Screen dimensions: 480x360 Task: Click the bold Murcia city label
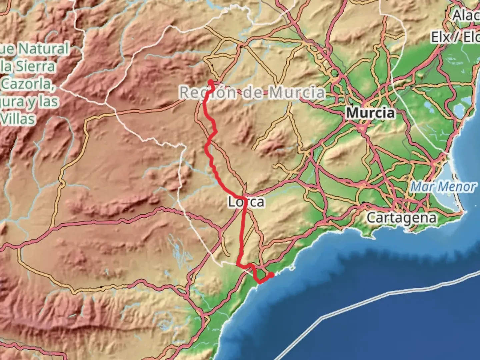pyautogui.click(x=370, y=113)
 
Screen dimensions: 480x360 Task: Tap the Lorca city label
pyautogui.click(x=246, y=202)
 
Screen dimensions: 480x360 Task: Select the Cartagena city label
pyautogui.click(x=401, y=218)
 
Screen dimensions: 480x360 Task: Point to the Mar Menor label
pyautogui.click(x=442, y=187)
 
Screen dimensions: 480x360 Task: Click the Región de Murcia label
pyautogui.click(x=252, y=92)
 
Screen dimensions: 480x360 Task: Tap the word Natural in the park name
pyautogui.click(x=43, y=49)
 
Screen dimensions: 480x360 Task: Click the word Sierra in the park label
pyautogui.click(x=35, y=66)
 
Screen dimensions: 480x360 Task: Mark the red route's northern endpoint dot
pyautogui.click(x=211, y=81)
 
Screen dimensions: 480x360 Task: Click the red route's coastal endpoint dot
pyautogui.click(x=272, y=275)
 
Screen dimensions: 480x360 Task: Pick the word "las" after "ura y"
pyautogui.click(x=49, y=101)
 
